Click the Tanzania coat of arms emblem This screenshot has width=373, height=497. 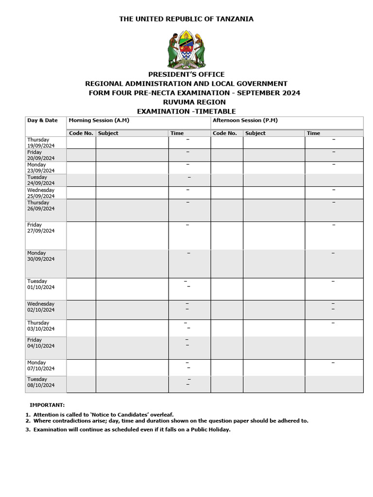tap(186, 50)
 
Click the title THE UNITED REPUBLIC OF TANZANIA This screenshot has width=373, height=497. tap(186, 19)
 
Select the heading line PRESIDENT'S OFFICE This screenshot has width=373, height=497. tap(186, 74)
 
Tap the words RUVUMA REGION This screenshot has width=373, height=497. tap(186, 102)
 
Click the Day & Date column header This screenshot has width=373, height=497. tap(42, 120)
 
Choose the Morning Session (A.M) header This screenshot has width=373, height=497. tap(99, 120)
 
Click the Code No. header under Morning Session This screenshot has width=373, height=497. tap(81, 133)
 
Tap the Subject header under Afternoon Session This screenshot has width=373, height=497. tap(255, 133)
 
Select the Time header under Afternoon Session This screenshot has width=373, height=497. tap(313, 133)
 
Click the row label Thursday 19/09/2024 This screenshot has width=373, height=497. tap(41, 143)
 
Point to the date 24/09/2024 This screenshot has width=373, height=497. tap(41, 183)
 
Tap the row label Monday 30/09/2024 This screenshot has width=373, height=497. tap(41, 256)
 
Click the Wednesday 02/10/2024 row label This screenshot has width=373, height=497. tap(41, 307)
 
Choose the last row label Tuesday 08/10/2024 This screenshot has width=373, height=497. tap(41, 382)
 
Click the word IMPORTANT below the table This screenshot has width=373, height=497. tap(47, 405)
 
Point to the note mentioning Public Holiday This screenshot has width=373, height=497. tap(131, 430)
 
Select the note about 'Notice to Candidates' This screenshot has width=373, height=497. tap(103, 414)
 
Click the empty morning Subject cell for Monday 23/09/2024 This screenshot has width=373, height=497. tap(132, 167)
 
